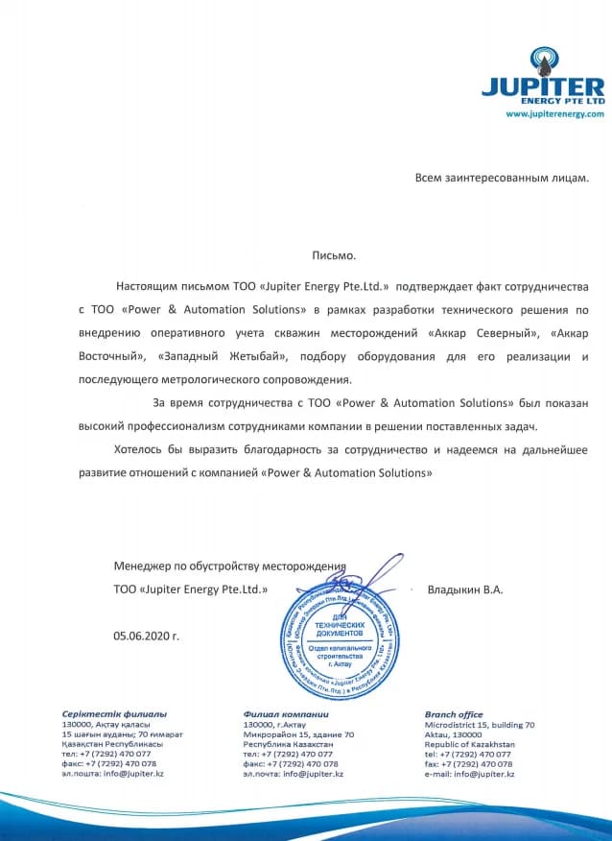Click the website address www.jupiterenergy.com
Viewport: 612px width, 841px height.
[554, 114]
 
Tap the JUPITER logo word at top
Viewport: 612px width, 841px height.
[543, 86]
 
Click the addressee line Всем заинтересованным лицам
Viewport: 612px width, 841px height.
[501, 178]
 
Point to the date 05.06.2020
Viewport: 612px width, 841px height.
[146, 636]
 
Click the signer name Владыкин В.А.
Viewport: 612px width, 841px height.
[464, 589]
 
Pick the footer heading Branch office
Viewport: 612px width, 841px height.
[453, 714]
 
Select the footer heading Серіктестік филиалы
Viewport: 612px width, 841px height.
[114, 714]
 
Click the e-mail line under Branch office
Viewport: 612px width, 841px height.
[469, 774]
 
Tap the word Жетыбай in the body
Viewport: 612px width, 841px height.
[248, 357]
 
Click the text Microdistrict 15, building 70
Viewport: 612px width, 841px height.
[479, 725]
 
